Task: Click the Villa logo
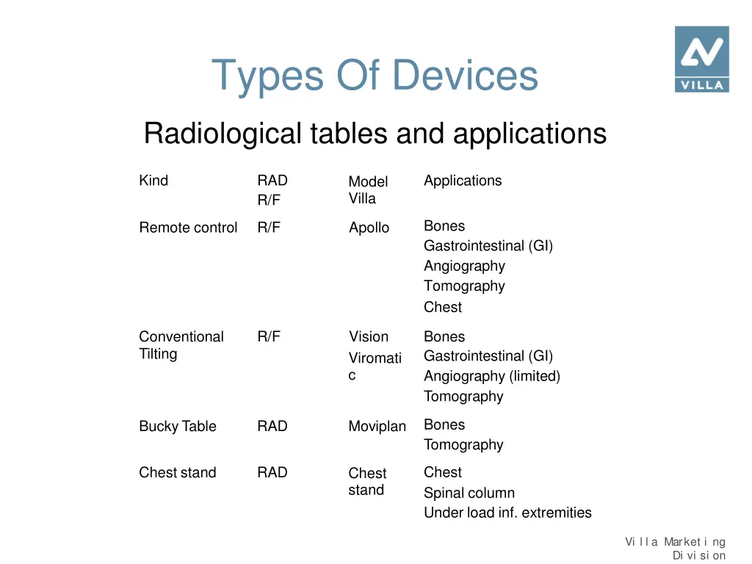pyautogui.click(x=701, y=59)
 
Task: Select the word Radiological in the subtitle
pyautogui.click(x=222, y=134)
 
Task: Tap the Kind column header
pyautogui.click(x=153, y=181)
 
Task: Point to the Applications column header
pyautogui.click(x=463, y=181)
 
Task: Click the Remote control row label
pyautogui.click(x=188, y=228)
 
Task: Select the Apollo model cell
pyautogui.click(x=369, y=228)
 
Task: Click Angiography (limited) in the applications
pyautogui.click(x=491, y=376)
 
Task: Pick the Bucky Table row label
pyautogui.click(x=178, y=426)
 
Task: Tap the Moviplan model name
pyautogui.click(x=377, y=426)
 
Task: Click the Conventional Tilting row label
pyautogui.click(x=181, y=345)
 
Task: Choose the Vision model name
pyautogui.click(x=368, y=336)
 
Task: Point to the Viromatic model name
pyautogui.click(x=375, y=366)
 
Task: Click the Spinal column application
pyautogui.click(x=469, y=493)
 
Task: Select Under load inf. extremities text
pyautogui.click(x=507, y=513)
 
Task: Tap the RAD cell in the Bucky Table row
pyautogui.click(x=272, y=426)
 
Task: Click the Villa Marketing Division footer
pyautogui.click(x=676, y=549)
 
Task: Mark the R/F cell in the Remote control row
pyautogui.click(x=269, y=228)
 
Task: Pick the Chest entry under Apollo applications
pyautogui.click(x=443, y=307)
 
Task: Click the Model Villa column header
pyautogui.click(x=368, y=189)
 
